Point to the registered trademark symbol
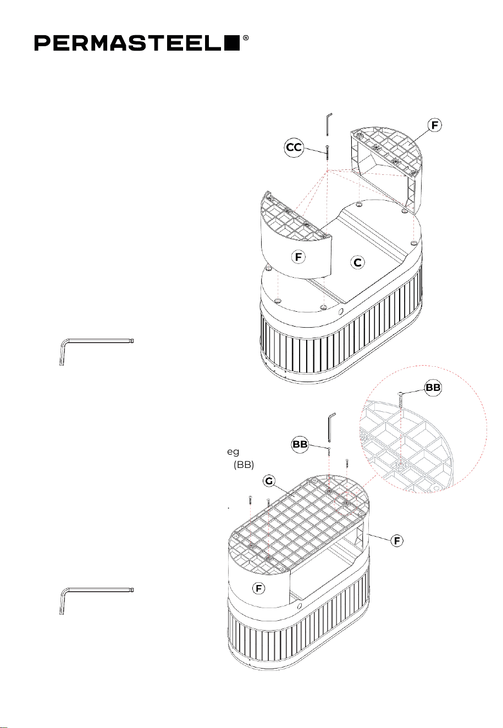[246, 38]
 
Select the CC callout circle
[294, 147]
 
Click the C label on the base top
[357, 262]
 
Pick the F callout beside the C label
[299, 257]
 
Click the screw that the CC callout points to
[328, 152]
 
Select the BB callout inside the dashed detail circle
[433, 388]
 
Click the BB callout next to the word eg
[300, 444]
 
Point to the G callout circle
[269, 481]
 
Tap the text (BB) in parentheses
[244, 465]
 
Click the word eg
[233, 452]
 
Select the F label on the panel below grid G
[259, 588]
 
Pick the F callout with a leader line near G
[397, 541]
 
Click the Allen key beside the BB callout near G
[331, 427]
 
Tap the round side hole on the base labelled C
[340, 312]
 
